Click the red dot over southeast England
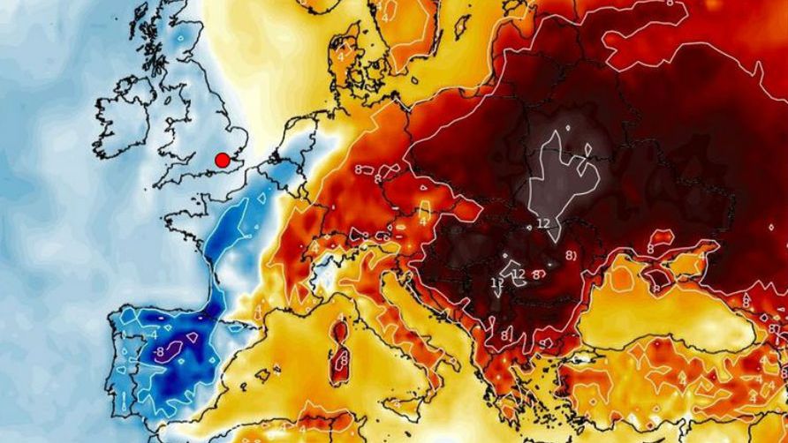point(223,160)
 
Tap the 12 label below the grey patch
point(542,222)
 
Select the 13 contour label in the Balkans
point(496,282)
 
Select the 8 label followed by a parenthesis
point(571,256)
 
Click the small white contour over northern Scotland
point(180,40)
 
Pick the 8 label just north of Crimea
point(651,250)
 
